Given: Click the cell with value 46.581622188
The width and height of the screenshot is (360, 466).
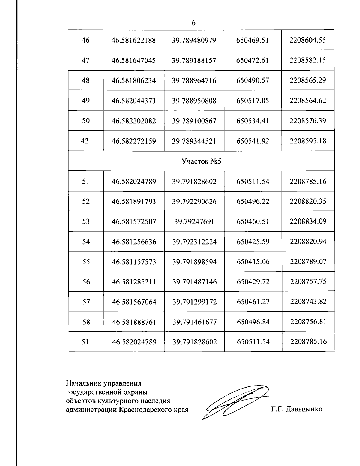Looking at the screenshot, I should click(x=133, y=40).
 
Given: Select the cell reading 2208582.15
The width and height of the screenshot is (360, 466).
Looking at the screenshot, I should click(x=307, y=60).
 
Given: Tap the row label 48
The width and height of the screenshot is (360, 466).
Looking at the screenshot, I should click(x=86, y=80).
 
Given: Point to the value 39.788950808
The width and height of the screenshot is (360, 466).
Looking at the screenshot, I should click(x=194, y=101).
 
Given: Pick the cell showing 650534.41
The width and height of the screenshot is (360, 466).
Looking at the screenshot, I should click(x=253, y=121).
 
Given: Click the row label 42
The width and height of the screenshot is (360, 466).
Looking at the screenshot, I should click(x=85, y=141).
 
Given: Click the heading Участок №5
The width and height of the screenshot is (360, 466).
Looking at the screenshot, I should click(x=201, y=161).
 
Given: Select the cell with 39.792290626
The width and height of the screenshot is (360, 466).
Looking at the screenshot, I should click(x=194, y=201).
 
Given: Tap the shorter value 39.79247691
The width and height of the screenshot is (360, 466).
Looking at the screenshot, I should click(x=194, y=221).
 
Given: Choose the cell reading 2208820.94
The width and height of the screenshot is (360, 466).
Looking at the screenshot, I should click(x=308, y=241).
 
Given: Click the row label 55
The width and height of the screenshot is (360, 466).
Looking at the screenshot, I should click(x=86, y=262).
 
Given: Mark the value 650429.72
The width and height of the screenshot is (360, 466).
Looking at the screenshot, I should click(x=253, y=282).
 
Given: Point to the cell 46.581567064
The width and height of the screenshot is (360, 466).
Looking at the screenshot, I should click(x=134, y=302).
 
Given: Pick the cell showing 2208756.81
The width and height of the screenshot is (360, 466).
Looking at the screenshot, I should click(x=308, y=321).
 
